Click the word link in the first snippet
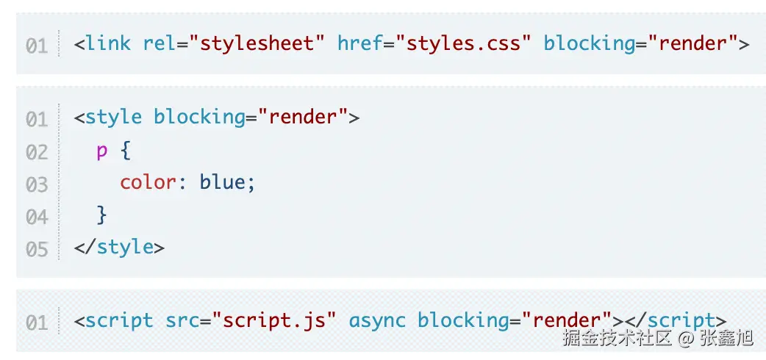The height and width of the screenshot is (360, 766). [108, 43]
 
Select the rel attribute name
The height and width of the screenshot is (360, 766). [160, 43]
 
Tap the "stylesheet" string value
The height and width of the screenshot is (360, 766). [257, 43]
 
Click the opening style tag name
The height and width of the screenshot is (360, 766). [114, 117]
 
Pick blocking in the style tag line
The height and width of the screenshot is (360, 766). [198, 117]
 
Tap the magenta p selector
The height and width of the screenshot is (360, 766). [101, 151]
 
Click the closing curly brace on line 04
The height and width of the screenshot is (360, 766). [102, 215]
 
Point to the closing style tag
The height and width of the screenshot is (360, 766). [119, 247]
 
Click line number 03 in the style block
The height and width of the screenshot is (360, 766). [37, 184]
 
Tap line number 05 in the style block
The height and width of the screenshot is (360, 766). [37, 248]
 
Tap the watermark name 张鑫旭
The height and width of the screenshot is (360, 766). [727, 338]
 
